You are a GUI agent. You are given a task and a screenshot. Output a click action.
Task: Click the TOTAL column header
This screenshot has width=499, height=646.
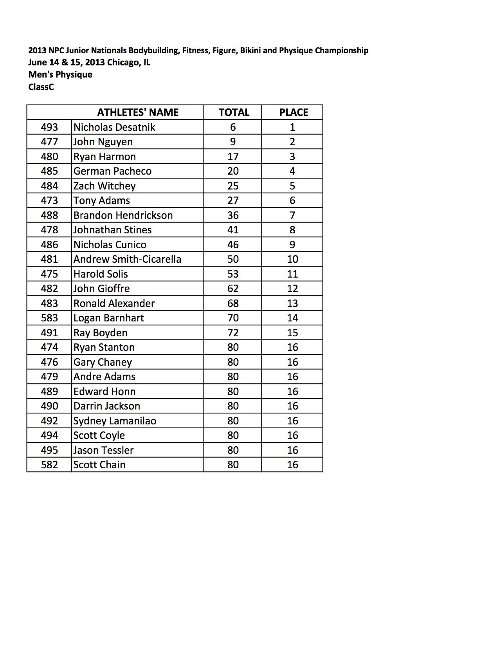pos(234,112)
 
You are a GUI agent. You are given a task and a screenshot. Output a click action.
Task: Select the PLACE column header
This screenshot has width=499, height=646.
pos(294,112)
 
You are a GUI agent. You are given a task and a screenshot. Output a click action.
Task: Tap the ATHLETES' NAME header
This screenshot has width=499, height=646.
pos(138,112)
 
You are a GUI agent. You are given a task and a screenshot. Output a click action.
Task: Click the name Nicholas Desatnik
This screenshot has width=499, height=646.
pos(114,127)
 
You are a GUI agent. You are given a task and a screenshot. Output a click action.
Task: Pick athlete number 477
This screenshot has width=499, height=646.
pos(49,142)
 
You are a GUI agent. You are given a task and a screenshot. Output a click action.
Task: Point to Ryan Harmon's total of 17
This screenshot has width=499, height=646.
pos(233,157)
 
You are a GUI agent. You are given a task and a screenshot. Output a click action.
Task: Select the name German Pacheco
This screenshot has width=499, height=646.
pos(112,171)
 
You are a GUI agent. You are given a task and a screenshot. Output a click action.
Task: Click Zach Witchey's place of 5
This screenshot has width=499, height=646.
pos(292,186)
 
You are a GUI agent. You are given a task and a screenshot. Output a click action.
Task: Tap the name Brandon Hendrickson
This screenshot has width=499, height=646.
pos(123,215)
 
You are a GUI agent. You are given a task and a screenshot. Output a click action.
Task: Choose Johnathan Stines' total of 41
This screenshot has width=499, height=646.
pos(233,230)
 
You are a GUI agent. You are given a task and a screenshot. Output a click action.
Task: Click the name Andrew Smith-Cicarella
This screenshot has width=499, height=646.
pos(127,259)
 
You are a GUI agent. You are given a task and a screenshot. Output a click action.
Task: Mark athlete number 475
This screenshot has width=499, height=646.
pos(49,274)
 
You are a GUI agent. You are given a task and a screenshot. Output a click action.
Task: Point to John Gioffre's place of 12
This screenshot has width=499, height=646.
pos(292,289)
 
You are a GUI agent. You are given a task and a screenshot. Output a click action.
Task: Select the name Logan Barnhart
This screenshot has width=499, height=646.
pos(108,318)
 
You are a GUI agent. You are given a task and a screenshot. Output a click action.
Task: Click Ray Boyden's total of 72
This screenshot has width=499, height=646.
pos(233,333)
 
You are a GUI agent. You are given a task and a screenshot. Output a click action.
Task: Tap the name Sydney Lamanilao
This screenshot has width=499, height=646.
pos(115,421)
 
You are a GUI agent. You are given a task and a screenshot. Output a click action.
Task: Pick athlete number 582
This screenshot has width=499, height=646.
pos(49,465)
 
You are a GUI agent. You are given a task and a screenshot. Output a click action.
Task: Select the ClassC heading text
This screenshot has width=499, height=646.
pos(41,87)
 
